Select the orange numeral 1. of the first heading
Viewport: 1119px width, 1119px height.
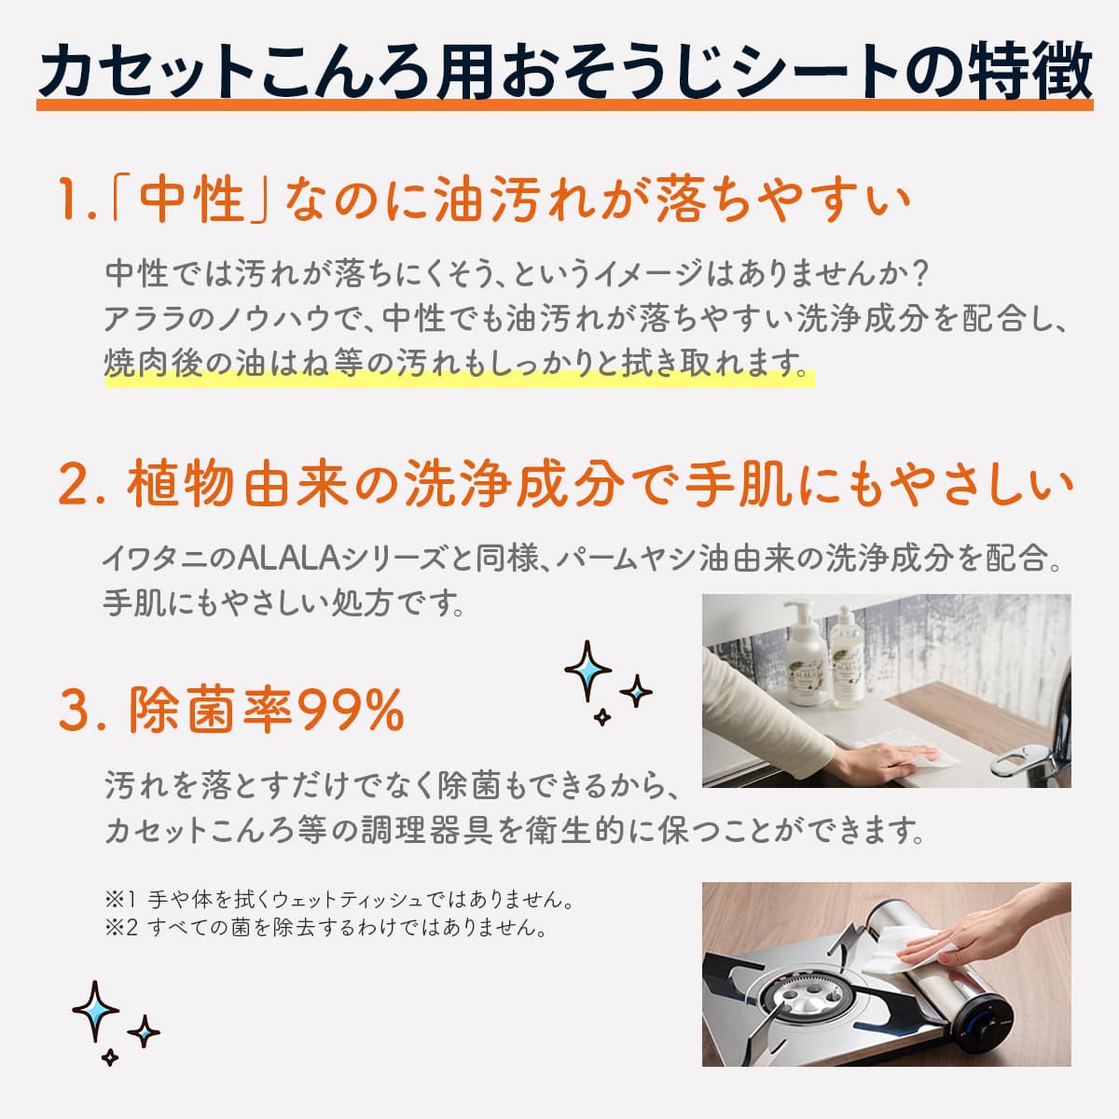pos(76,200)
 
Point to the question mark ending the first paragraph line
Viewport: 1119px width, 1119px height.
pos(918,272)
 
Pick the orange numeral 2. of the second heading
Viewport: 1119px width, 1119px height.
pos(82,485)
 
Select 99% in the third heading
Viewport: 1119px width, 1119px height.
pos(352,710)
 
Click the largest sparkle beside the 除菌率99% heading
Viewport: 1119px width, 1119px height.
pos(587,671)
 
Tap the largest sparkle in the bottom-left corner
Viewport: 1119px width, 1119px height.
pos(95,1011)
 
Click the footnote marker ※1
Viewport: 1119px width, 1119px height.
pos(120,900)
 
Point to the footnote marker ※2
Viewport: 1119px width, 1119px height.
pos(121,927)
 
